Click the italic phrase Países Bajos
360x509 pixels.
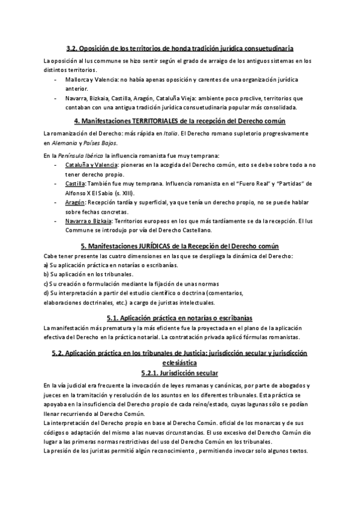(101, 143)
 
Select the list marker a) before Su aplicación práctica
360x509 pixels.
(46, 265)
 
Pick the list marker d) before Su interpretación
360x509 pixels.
(46, 293)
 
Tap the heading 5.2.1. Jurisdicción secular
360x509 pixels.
(180, 372)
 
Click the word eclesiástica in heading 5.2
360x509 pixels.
(180, 363)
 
